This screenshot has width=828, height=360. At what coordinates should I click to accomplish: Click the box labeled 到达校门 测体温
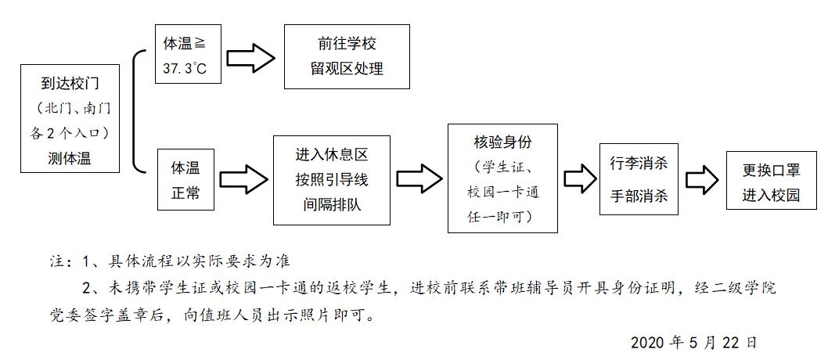pyautogui.click(x=70, y=120)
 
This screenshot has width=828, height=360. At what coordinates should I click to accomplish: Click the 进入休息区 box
pyautogui.click(x=331, y=179)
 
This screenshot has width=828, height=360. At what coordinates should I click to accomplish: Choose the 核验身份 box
pyautogui.click(x=502, y=178)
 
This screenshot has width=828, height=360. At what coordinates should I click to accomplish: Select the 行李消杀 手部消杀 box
pyautogui.click(x=639, y=178)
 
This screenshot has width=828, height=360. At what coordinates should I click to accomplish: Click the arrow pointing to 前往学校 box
pyautogui.click(x=252, y=56)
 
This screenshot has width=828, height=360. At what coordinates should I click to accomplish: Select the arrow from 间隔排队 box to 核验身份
pyautogui.click(x=419, y=178)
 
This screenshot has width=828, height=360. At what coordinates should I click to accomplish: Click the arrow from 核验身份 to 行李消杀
pyautogui.click(x=580, y=178)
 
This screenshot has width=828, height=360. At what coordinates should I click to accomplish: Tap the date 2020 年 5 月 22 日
pyautogui.click(x=693, y=343)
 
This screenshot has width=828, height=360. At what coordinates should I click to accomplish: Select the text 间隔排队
pyautogui.click(x=331, y=205)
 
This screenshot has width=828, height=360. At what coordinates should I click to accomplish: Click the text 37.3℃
pyautogui.click(x=185, y=68)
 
